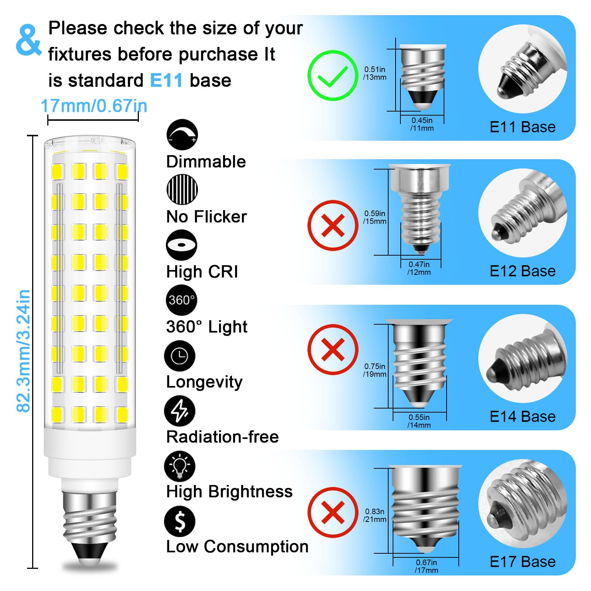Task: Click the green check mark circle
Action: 333,75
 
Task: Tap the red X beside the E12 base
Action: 333,225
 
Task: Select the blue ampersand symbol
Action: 28,40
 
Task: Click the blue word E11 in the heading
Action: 166,81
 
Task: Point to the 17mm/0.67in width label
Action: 94,106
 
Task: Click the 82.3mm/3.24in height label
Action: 24,351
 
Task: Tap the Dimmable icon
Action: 182,134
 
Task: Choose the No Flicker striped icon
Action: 182,189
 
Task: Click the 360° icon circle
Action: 181,300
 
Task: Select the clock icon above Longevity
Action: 180,356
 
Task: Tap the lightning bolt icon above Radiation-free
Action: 180,411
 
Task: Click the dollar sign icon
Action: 180,521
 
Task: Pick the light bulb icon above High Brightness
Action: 180,466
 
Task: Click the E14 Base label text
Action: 522,417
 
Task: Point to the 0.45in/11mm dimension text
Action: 422,124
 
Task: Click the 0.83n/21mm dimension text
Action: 375,515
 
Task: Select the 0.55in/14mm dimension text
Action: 419,421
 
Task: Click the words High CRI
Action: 202,272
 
